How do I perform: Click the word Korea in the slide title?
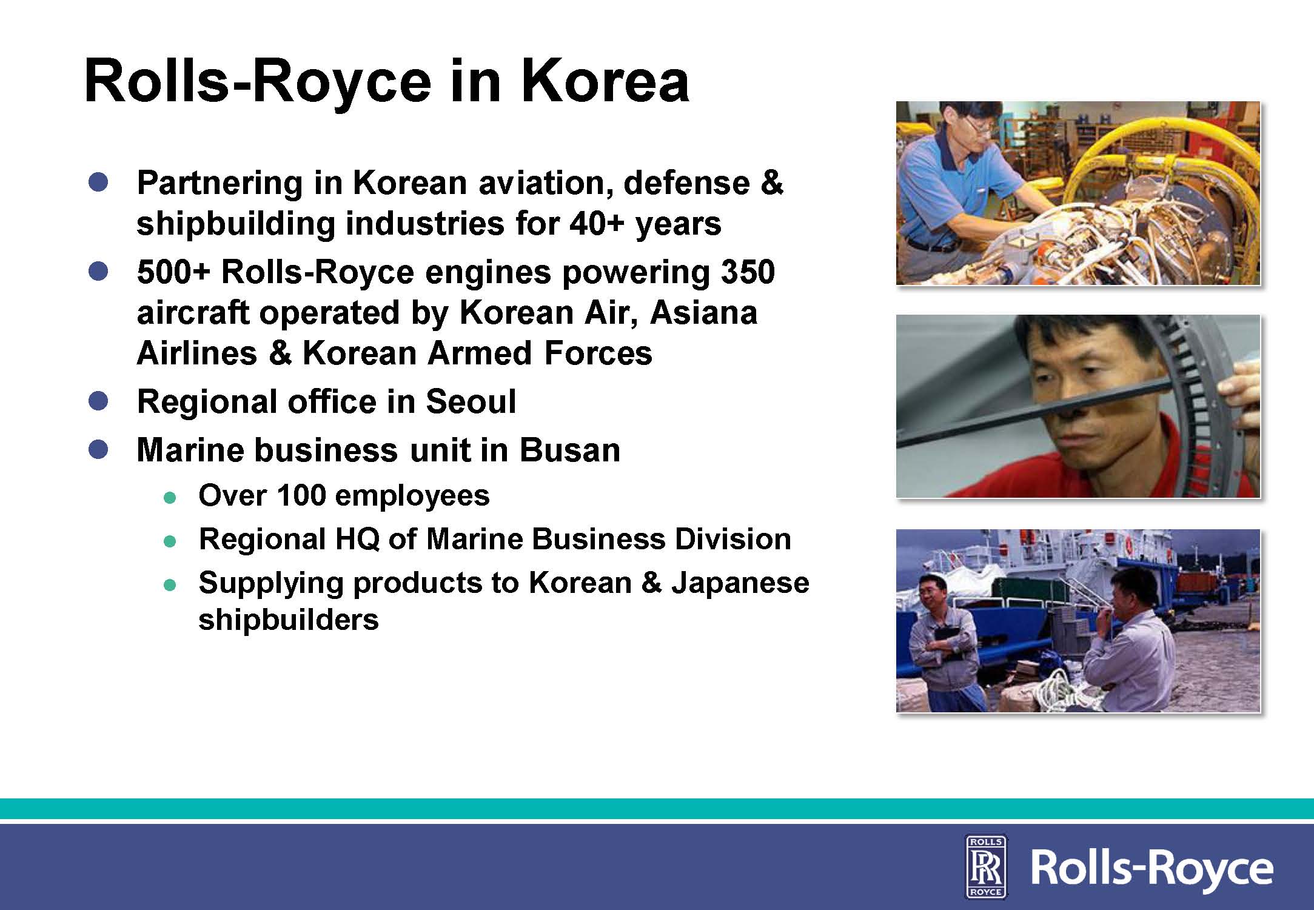(605, 81)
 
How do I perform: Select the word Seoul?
(471, 401)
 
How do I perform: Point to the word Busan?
(569, 449)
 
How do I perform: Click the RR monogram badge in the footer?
(985, 865)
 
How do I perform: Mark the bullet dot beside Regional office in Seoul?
(98, 401)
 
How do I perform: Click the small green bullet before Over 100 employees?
(170, 497)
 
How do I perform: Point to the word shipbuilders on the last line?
(289, 619)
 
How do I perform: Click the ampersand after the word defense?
(771, 182)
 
